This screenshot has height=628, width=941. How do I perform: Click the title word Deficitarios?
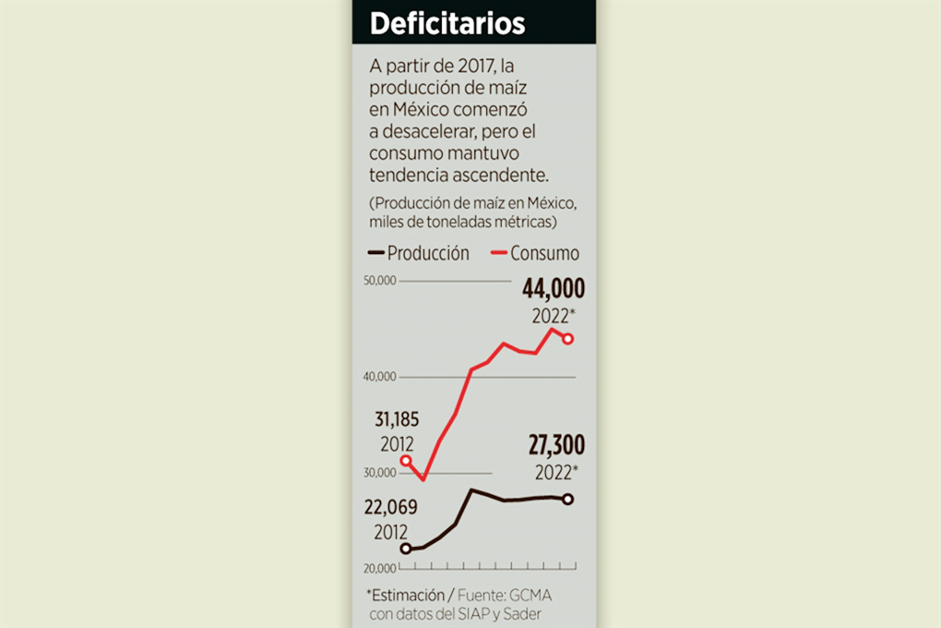[x=447, y=23]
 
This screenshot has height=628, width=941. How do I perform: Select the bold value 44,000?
[x=554, y=289]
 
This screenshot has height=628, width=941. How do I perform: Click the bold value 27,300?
[x=556, y=446]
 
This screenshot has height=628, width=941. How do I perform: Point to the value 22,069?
[x=390, y=508]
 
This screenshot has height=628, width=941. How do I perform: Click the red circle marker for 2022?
[x=568, y=339]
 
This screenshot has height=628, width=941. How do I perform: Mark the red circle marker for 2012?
[x=406, y=460]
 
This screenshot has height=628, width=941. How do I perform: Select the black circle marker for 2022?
[x=568, y=500]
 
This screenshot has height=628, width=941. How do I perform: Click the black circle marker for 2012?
[x=406, y=549]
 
